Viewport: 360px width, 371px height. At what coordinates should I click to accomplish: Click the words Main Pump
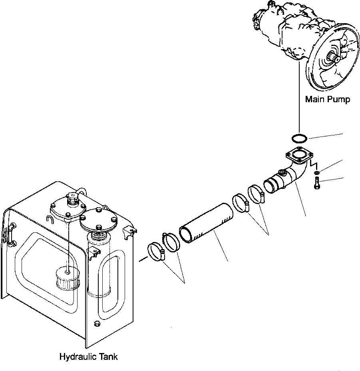point(327,99)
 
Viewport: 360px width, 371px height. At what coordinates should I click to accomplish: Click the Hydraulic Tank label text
point(88,357)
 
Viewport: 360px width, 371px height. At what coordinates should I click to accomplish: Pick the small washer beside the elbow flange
point(316,172)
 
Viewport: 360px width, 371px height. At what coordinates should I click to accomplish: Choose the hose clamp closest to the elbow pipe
point(256,193)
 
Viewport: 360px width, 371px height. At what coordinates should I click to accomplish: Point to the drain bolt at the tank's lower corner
point(95,323)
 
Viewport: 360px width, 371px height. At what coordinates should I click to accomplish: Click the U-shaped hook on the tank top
point(50,219)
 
